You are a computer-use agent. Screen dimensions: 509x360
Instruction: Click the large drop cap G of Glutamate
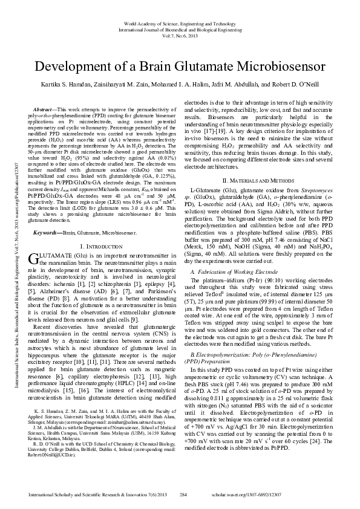[x=33, y=243]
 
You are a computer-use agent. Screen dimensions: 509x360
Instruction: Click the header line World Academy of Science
[x=179, y=21]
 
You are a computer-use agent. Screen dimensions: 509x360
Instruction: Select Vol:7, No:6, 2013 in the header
[x=179, y=36]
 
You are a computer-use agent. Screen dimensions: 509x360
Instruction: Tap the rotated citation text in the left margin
[x=10, y=254]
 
